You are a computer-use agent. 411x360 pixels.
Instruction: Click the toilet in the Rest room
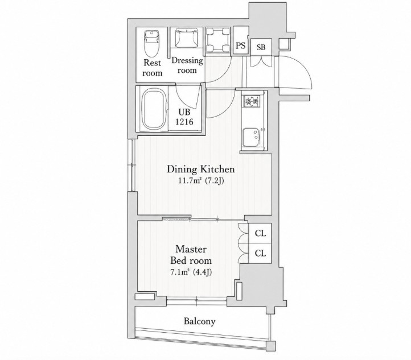pyautogui.click(x=152, y=43)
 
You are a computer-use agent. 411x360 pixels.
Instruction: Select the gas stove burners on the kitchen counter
pyautogui.click(x=252, y=101)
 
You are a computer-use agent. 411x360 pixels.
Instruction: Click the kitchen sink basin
pyautogui.click(x=251, y=137)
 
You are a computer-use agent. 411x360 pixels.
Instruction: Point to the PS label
pyautogui.click(x=241, y=45)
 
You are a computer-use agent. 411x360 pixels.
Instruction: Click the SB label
pyautogui.click(x=261, y=47)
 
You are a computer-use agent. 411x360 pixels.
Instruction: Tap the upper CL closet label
pyautogui.click(x=260, y=233)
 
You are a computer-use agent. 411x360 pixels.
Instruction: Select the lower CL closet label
pyautogui.click(x=260, y=253)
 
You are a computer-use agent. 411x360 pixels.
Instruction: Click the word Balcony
pyautogui.click(x=199, y=321)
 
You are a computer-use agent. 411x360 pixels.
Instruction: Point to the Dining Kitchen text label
pyautogui.click(x=201, y=169)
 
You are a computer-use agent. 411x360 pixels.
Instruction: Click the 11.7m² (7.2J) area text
pyautogui.click(x=201, y=181)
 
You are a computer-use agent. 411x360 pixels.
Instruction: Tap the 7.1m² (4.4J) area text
pyautogui.click(x=191, y=272)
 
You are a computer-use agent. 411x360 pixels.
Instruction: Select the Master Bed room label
pyautogui.click(x=191, y=255)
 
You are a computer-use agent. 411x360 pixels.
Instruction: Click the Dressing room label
pyautogui.click(x=187, y=65)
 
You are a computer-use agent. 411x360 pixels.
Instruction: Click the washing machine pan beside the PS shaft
pyautogui.click(x=218, y=40)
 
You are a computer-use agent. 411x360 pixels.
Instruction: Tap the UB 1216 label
pyautogui.click(x=184, y=117)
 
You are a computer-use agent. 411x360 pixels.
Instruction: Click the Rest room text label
pyautogui.click(x=153, y=68)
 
